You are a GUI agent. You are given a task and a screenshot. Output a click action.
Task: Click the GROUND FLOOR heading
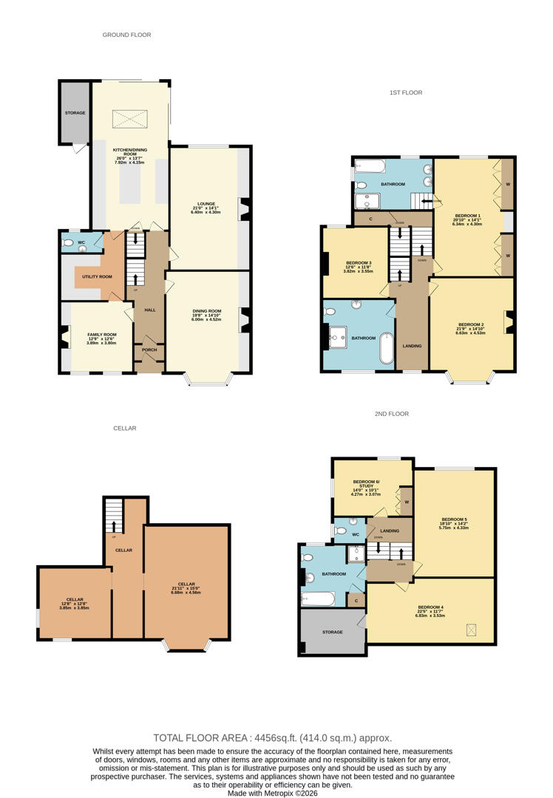pyautogui.click(x=126, y=35)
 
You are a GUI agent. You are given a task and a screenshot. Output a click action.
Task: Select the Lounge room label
pyautogui.click(x=206, y=204)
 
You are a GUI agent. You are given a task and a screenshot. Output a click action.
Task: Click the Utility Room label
pyautogui.click(x=97, y=276)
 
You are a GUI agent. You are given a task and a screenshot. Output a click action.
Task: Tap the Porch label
pyautogui.click(x=149, y=350)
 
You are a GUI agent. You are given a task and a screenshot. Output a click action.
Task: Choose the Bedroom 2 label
pyautogui.click(x=471, y=324)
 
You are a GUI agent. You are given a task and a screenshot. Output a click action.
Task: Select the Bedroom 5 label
pyautogui.click(x=454, y=519)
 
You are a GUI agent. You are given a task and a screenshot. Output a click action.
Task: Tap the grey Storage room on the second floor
pyautogui.click(x=332, y=632)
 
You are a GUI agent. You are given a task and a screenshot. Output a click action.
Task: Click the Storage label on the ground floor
pyautogui.click(x=75, y=112)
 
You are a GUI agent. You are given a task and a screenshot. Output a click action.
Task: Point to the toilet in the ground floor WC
pyautogui.click(x=69, y=242)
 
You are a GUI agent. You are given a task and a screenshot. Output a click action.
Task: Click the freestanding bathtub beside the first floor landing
pyautogui.click(x=386, y=348)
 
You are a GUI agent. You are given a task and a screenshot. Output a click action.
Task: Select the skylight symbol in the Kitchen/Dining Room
pyautogui.click(x=130, y=118)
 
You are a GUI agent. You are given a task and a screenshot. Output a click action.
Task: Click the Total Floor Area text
pyautogui.click(x=273, y=737)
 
